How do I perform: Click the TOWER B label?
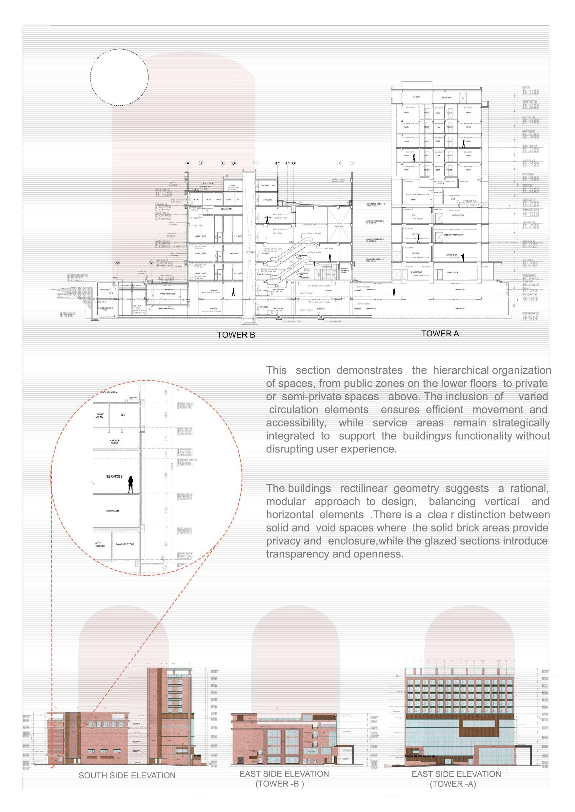point(236,335)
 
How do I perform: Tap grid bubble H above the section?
point(339,163)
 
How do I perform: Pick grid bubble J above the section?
point(351,163)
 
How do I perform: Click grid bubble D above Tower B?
point(233,163)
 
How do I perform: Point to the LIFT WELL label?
point(250,252)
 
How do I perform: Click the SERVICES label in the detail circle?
point(114,476)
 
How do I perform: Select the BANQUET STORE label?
point(125,544)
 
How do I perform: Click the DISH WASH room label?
point(112,511)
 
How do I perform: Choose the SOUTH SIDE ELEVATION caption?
point(127,776)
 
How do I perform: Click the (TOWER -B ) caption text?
point(279,784)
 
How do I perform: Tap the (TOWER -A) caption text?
point(452,784)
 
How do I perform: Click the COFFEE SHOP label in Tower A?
point(451,255)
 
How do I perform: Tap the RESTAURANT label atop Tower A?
point(447,97)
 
